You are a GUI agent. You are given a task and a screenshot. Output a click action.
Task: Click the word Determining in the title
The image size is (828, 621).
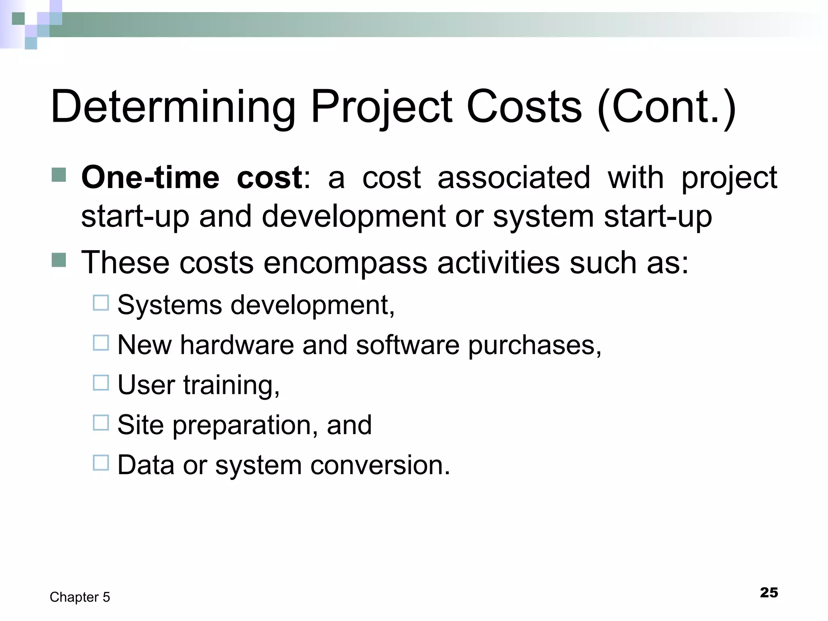[173, 107]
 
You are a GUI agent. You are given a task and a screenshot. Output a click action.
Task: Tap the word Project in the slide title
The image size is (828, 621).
[381, 107]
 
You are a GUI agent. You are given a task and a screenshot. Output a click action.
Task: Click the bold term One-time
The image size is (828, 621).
[150, 177]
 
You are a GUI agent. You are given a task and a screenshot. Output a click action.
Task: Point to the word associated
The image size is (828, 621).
[514, 177]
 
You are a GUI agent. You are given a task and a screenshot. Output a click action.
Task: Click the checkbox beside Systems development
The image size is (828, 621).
[101, 303]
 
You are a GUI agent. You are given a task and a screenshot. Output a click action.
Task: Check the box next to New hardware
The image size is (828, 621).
[101, 343]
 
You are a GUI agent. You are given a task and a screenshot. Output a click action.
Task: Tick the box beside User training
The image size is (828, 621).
[101, 383]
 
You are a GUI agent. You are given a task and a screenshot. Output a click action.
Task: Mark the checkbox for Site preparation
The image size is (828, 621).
[101, 423]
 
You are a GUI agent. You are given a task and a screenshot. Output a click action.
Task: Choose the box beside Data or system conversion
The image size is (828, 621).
[101, 463]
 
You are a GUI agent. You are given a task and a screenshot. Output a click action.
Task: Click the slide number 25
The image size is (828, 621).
[769, 592]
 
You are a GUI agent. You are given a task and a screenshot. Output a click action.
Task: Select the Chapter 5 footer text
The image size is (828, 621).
[80, 597]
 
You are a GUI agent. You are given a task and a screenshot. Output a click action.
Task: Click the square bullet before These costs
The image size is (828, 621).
[59, 260]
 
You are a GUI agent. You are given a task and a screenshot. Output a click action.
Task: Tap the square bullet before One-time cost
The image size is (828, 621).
[59, 175]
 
